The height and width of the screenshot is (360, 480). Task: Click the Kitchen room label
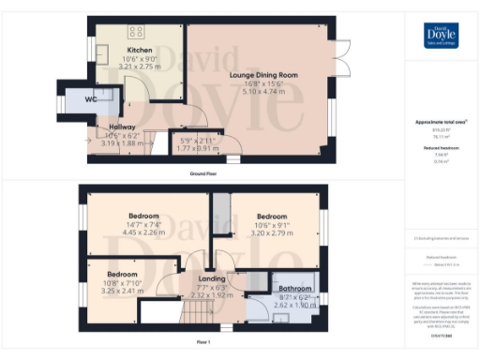pos(140,51)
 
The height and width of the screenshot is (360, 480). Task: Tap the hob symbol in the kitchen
pos(122,29)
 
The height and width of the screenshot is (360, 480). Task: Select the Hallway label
pos(121,127)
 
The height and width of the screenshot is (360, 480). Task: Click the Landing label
pos(211,277)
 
